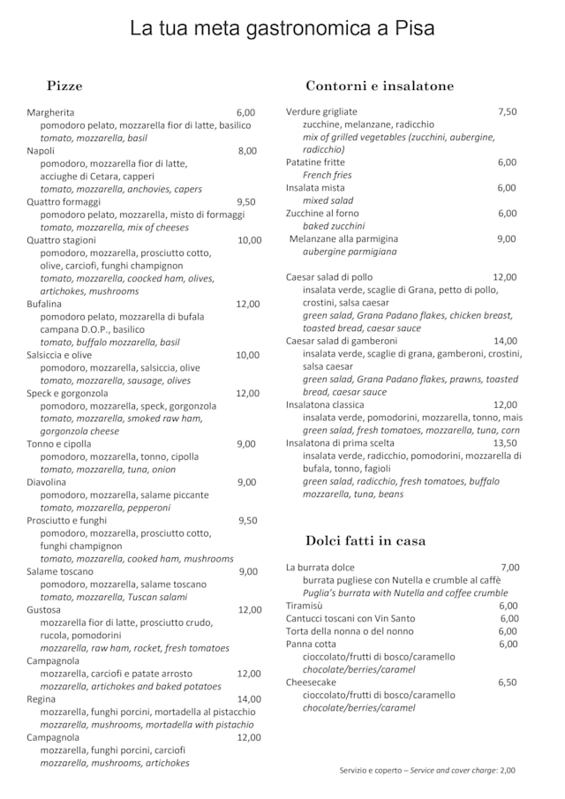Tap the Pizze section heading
(x=64, y=86)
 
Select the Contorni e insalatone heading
(x=380, y=86)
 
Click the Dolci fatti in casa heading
(x=365, y=540)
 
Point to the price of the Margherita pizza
(x=245, y=112)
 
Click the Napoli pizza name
(x=41, y=151)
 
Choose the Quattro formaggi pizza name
(x=56, y=201)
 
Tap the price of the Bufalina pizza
(x=247, y=304)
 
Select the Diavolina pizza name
(x=46, y=482)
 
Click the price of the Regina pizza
(x=249, y=698)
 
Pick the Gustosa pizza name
(x=44, y=609)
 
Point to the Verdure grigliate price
(x=507, y=111)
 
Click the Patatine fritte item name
(x=315, y=162)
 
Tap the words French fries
(x=327, y=175)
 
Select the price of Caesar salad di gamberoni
(x=505, y=341)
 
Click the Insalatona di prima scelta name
(x=340, y=443)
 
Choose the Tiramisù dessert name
(x=305, y=606)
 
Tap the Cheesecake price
(x=508, y=682)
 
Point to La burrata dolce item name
(x=320, y=567)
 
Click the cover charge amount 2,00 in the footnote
(x=508, y=770)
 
